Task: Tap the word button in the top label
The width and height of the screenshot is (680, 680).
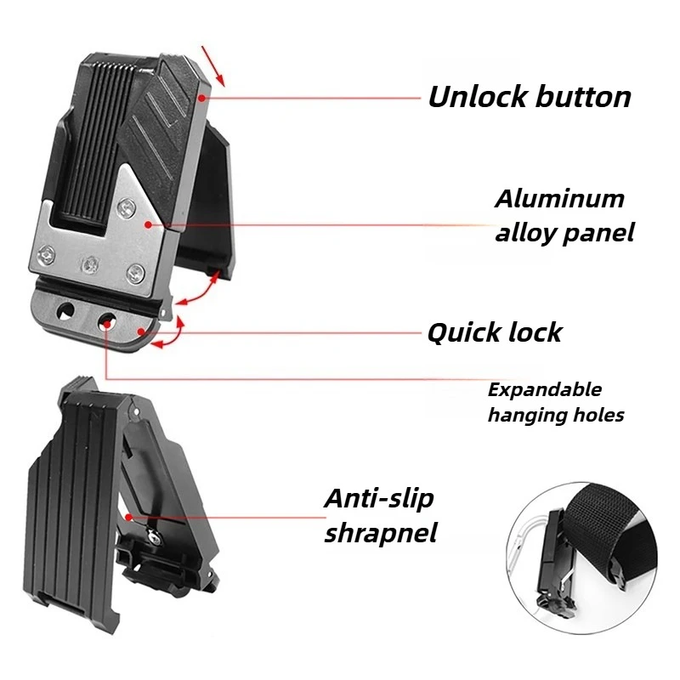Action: coord(583,96)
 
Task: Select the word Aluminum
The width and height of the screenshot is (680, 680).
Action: coord(559,199)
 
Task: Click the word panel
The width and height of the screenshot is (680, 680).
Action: coord(600,233)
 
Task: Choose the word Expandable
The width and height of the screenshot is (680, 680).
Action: coord(545,390)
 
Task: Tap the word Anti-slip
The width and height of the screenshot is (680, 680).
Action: coord(379,499)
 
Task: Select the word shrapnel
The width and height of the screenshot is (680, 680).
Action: coord(381,533)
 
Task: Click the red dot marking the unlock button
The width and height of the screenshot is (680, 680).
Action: coord(201,99)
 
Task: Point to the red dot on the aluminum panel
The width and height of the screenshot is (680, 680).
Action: coord(148,224)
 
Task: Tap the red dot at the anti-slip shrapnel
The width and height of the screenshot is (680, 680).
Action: coord(128,517)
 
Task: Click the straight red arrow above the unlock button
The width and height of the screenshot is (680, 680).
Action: coord(213,66)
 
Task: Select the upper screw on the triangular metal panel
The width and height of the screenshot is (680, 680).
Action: coord(127,207)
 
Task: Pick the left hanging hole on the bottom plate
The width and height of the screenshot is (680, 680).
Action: coord(66,311)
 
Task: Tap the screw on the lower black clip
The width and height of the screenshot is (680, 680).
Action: coord(152,535)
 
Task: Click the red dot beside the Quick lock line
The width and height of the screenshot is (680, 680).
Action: coord(141,332)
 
